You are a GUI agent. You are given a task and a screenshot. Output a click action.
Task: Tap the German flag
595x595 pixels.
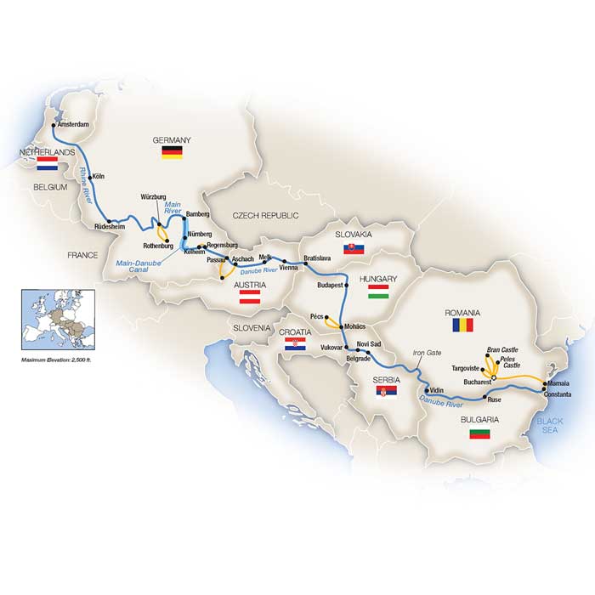pyautogui.click(x=173, y=153)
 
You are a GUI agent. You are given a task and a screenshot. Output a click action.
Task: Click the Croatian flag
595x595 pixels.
pyautogui.click(x=294, y=343)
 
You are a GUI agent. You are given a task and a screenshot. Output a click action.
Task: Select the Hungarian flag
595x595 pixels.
pyautogui.click(x=378, y=292)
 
